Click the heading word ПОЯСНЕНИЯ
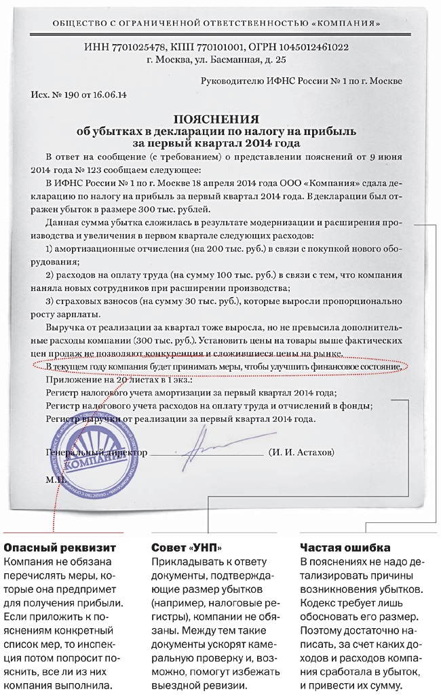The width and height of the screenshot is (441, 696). click(216, 117)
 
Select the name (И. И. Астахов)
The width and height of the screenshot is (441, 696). click(301, 452)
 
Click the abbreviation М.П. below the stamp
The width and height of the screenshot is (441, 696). click(54, 479)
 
